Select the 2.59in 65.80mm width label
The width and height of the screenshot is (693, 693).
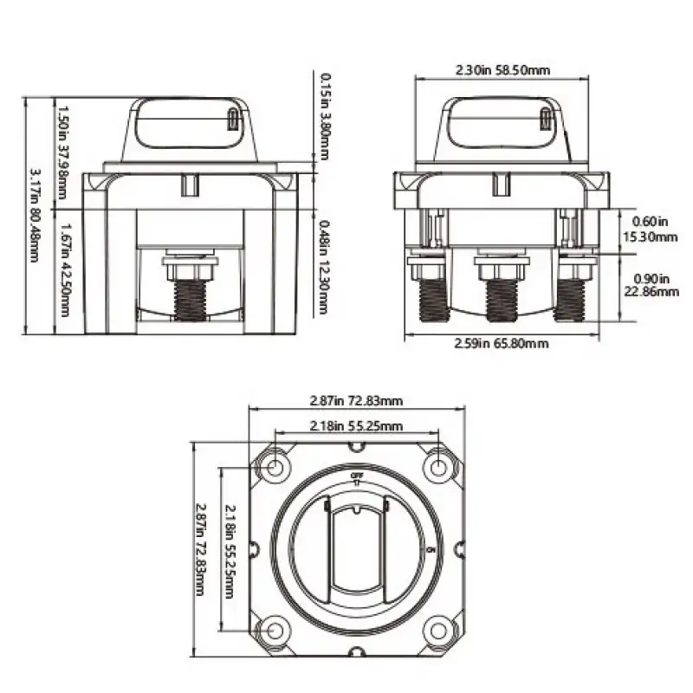tap(502, 344)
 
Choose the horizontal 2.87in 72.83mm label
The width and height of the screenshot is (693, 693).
tap(356, 401)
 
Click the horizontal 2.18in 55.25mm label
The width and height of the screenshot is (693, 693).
tap(356, 425)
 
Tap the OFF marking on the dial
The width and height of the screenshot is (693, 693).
tap(356, 477)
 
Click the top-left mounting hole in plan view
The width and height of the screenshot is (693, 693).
tap(275, 469)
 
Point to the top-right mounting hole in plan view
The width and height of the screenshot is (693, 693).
tap(438, 469)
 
